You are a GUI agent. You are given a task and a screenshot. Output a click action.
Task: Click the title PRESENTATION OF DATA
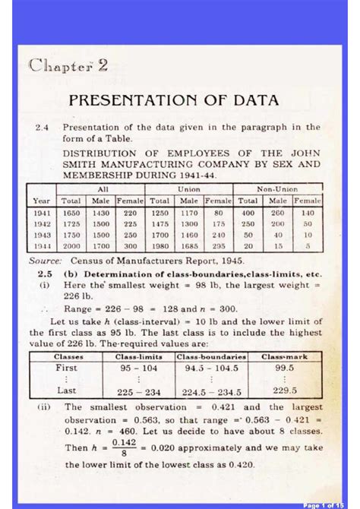(174, 100)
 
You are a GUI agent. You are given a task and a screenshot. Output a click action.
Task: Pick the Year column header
(43, 200)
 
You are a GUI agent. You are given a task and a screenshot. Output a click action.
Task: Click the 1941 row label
(43, 213)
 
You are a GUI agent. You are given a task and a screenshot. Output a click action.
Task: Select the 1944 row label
(43, 246)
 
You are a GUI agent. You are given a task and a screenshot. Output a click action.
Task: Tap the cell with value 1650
(71, 213)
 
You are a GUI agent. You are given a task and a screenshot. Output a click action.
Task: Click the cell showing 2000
(71, 246)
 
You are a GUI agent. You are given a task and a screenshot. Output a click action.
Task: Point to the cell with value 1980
(159, 246)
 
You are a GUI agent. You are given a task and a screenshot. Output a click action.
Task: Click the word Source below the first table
(45, 260)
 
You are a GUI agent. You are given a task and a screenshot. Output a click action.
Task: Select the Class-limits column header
(137, 356)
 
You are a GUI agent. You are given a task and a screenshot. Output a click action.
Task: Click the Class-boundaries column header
(210, 356)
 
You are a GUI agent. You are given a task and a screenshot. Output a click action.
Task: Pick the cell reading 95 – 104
(137, 367)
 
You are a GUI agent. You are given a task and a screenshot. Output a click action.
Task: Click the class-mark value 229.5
(284, 391)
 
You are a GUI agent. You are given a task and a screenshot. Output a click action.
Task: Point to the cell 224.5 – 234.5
(210, 392)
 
